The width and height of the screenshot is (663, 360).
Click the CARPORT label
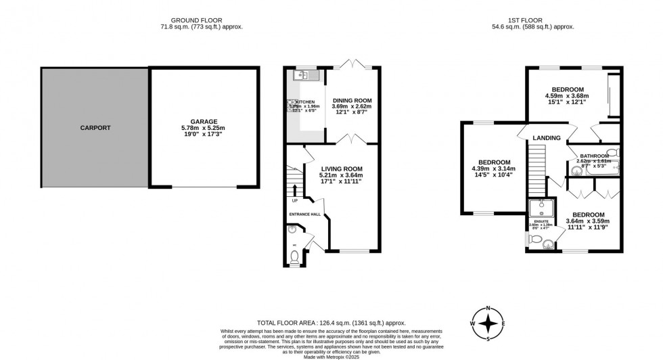95,127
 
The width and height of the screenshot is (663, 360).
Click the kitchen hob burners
292,106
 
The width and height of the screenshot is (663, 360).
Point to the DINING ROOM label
351,100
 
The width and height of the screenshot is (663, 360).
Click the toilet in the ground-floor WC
294,256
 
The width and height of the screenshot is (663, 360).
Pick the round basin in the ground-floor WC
292,231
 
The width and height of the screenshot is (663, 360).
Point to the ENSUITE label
541,221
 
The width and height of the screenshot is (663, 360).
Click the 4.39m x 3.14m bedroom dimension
493,169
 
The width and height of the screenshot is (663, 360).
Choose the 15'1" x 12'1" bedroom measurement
567,102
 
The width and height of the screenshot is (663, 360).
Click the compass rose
488,323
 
